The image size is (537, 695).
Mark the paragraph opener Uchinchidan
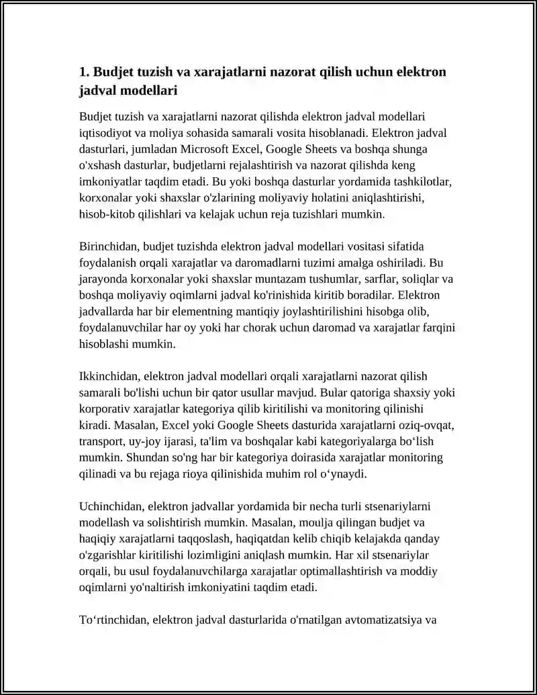click(x=109, y=506)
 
